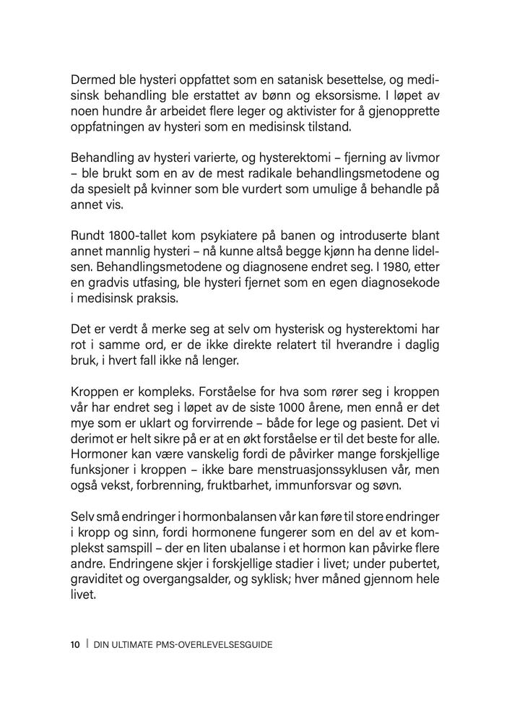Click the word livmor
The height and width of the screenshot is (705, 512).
tap(420, 158)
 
